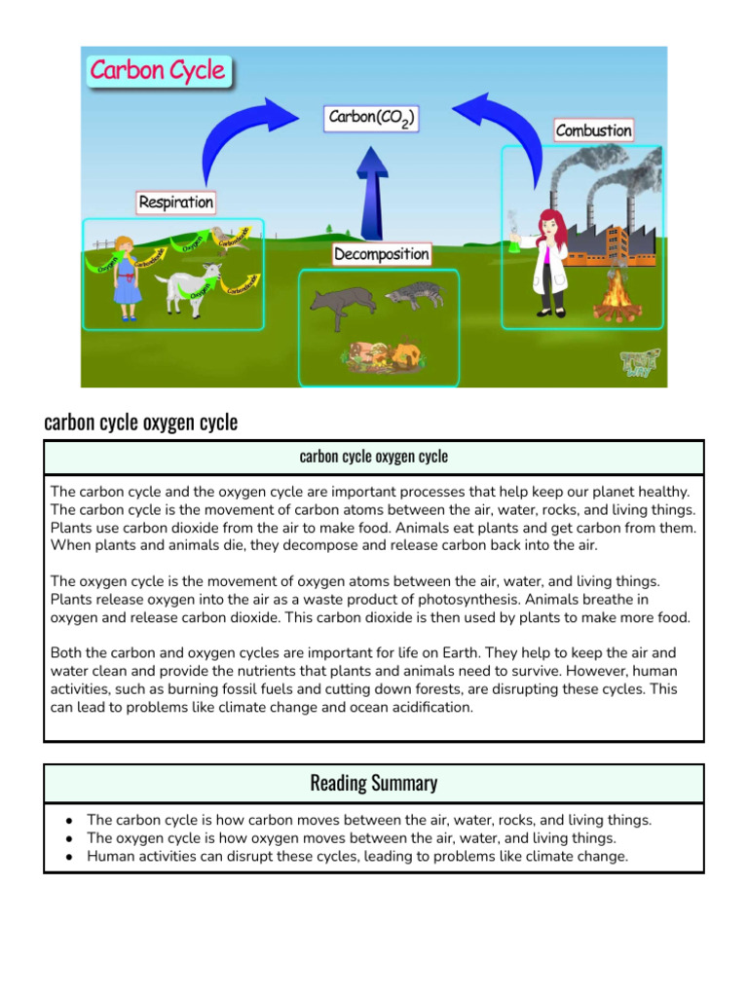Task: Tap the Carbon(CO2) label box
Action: pyautogui.click(x=371, y=119)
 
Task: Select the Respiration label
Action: pyautogui.click(x=175, y=203)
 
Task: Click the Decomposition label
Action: pyautogui.click(x=381, y=254)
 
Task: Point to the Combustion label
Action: pyautogui.click(x=593, y=130)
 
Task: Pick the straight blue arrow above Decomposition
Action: pyautogui.click(x=370, y=191)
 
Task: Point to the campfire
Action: pyautogui.click(x=617, y=296)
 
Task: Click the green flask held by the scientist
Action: pyautogui.click(x=512, y=244)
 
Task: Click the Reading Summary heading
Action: pyautogui.click(x=373, y=783)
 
